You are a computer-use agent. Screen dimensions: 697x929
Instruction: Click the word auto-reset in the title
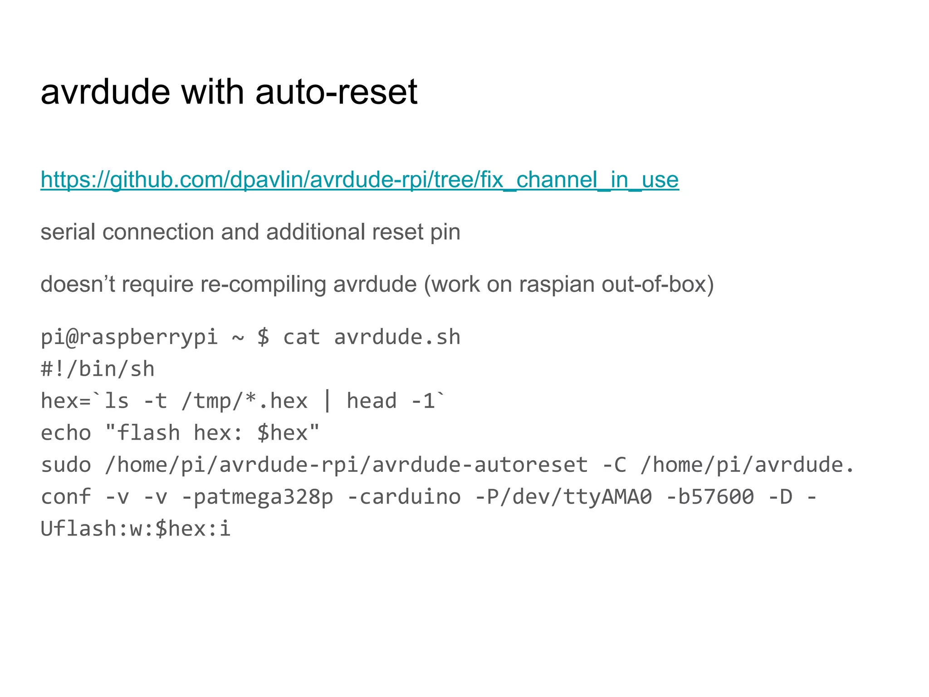[x=336, y=92]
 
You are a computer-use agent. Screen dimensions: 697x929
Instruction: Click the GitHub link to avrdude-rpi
[x=359, y=180]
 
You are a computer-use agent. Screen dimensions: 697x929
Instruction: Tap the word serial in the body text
[x=68, y=232]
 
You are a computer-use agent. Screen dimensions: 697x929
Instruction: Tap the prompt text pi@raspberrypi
[x=129, y=337]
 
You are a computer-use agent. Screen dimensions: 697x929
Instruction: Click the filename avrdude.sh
[x=397, y=337]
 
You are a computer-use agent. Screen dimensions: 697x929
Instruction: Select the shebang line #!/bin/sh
[x=98, y=369]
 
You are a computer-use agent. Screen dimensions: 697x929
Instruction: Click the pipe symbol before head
[x=327, y=401]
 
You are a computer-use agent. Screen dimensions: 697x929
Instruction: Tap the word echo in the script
[x=66, y=432]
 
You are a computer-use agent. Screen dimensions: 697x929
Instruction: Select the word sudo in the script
[x=66, y=465]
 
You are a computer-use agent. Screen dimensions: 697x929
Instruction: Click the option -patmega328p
[x=257, y=496]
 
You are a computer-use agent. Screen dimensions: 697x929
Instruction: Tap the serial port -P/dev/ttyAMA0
[x=563, y=496]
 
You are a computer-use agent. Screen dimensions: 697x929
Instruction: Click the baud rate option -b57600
[x=710, y=496]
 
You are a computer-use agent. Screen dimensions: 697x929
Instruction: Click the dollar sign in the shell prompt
[x=263, y=337]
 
